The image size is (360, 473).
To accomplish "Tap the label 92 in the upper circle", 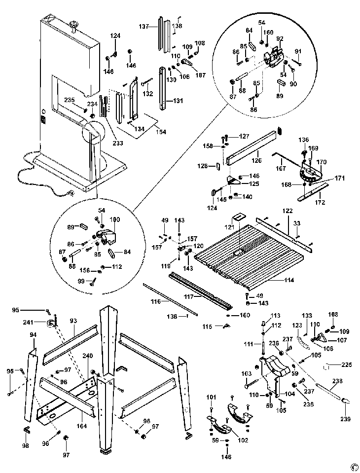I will point(280,38).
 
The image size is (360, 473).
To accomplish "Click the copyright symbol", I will point(354,466).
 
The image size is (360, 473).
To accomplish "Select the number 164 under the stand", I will point(81,426).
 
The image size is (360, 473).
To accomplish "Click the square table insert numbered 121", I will point(239,218).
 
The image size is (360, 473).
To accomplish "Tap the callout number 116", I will point(155,300).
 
